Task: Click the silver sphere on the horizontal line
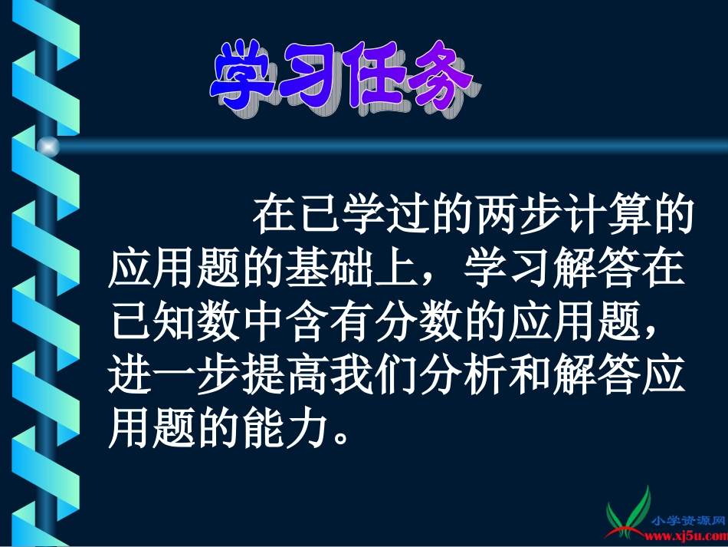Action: click(48, 146)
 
